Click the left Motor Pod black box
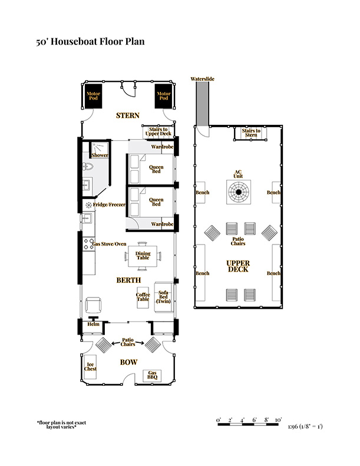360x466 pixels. pos(93,96)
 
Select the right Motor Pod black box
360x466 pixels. pos(163,96)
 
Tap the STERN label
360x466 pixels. pos(127,115)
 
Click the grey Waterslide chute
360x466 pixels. pos(202,104)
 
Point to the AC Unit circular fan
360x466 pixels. pos(239,192)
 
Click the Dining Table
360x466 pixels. pos(143,256)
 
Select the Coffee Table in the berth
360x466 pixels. pos(143,297)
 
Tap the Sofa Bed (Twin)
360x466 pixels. pos(164,297)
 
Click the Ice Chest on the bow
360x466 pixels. pos(90,367)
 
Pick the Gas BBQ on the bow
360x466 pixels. pos(152,375)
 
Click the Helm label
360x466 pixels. pos(93,324)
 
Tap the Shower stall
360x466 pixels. pos(99,151)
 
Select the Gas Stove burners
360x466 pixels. pos(88,244)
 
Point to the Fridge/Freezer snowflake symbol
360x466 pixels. pos(88,205)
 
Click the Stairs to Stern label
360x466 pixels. pos(251,133)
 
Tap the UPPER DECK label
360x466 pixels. pos(238,266)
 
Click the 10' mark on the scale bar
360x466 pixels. pos(278,420)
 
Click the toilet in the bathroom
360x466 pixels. pos(88,167)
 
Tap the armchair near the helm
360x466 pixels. pos(93,305)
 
